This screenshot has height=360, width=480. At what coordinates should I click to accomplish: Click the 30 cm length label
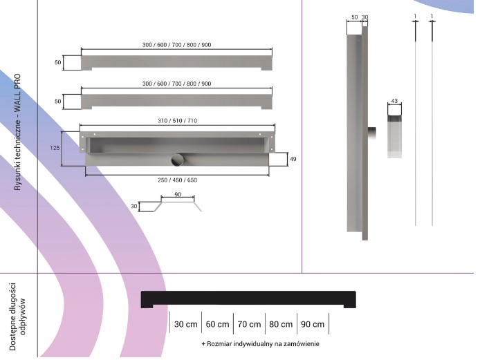coord(185,324)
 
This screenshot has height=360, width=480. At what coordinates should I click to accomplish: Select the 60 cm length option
coord(217,324)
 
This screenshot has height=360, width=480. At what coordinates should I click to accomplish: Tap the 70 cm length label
coord(249,324)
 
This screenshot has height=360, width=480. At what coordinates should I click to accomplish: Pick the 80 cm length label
coord(281,324)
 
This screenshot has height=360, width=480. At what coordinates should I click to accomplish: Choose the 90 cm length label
coord(313,324)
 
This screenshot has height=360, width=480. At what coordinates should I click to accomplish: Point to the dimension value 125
coord(55,148)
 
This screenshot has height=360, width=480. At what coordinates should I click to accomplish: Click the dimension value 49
coord(293,159)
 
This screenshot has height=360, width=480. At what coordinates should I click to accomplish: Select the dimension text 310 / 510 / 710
coord(178,121)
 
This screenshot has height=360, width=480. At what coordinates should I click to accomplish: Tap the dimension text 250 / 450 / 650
coord(178,180)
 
